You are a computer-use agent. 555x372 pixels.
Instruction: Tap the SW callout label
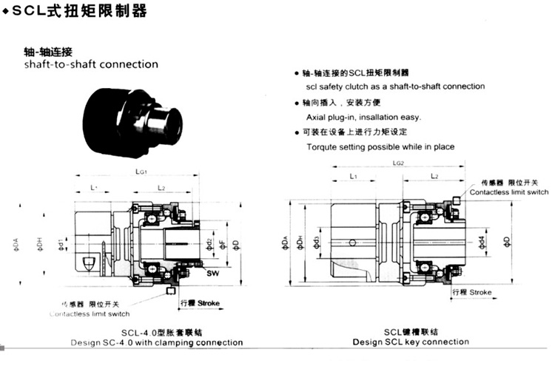click(x=212, y=274)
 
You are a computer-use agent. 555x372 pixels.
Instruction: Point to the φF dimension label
click(x=222, y=245)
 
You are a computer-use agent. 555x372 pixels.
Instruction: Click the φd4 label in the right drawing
click(x=482, y=241)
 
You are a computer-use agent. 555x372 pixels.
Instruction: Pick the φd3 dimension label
click(x=317, y=242)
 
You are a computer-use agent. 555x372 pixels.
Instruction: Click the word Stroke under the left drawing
click(x=209, y=303)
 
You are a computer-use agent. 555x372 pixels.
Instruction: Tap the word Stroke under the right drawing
click(x=480, y=293)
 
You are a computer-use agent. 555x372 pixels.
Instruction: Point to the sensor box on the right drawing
click(x=460, y=200)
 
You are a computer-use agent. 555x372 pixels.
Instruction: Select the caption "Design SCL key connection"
click(x=410, y=342)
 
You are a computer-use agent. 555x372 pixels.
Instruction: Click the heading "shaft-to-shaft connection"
click(x=91, y=64)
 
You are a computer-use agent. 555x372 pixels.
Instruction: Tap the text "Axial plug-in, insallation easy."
click(x=363, y=117)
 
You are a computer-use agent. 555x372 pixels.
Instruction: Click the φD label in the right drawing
click(x=507, y=241)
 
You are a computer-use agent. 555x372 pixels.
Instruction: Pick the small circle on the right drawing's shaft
click(x=354, y=241)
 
